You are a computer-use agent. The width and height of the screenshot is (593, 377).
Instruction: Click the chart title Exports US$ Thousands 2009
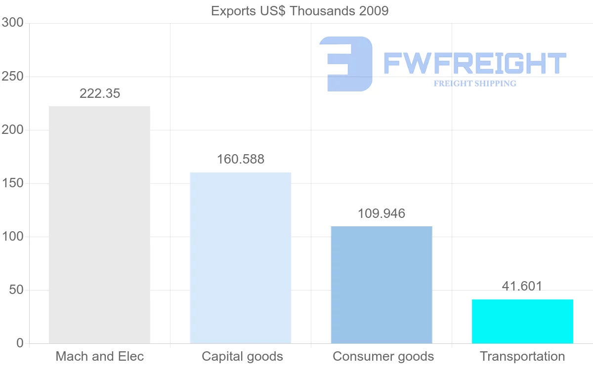coord(299,11)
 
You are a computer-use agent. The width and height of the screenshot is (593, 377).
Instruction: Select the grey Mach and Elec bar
coord(99,225)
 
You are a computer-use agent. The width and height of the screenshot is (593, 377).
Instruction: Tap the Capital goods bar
coord(241,258)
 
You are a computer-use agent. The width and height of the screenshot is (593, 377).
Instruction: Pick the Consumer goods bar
coord(381,285)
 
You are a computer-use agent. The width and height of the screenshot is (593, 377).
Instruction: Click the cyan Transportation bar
coord(522,321)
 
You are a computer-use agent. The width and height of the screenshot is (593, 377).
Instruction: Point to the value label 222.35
coord(100,93)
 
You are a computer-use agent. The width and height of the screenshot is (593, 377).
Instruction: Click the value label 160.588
coord(241,160)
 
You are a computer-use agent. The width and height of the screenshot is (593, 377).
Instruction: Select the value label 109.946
coord(381,213)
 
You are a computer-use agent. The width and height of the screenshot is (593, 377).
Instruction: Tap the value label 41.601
coord(522,286)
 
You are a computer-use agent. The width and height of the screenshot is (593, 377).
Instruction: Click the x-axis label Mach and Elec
coord(100,356)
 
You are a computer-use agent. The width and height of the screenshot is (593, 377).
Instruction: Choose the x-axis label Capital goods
coord(242,356)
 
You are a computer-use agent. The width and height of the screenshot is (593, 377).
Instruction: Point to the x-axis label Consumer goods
coord(383,356)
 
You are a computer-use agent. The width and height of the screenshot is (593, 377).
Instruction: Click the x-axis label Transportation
coord(522,356)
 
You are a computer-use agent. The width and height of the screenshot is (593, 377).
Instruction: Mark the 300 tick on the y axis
coord(13,23)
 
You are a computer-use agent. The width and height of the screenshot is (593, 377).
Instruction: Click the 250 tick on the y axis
coord(13,77)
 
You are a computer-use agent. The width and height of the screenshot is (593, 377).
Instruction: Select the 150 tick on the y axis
coord(13,183)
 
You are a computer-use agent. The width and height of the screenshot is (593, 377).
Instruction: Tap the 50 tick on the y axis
coord(16,290)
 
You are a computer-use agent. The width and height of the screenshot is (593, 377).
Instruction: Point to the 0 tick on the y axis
coord(20,343)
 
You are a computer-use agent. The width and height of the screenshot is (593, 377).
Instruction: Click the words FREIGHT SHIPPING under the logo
coord(475,84)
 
